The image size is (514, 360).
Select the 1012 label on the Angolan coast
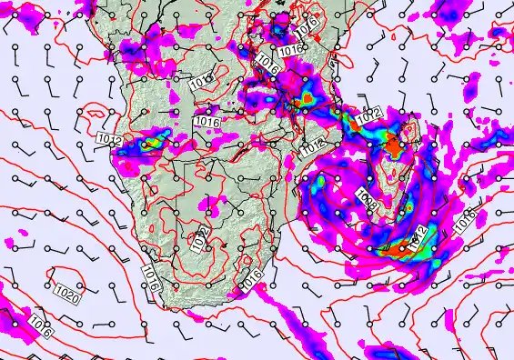pos(108,139)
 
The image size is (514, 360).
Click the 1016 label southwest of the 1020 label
pos(38,325)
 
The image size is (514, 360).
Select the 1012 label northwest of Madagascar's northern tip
pos(368,116)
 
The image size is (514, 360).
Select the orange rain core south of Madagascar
pos(402,246)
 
